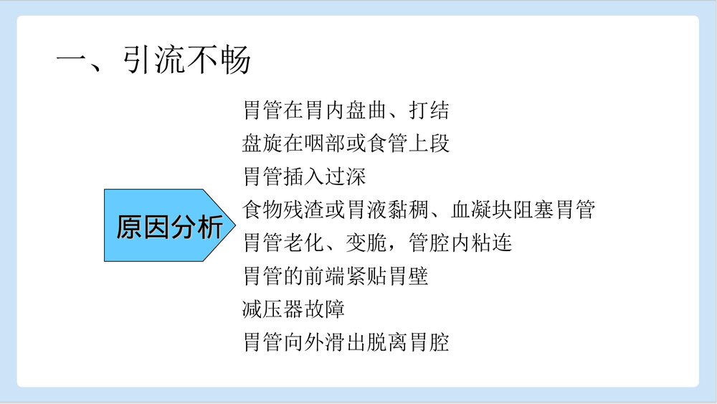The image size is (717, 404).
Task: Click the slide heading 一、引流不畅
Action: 153,60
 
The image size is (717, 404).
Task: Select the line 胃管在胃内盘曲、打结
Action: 346,111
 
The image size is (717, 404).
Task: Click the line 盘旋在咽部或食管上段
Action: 346,144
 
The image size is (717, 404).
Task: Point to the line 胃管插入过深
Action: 305,177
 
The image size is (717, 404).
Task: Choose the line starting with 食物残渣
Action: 419,210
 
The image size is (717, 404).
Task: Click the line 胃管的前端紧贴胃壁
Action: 336,276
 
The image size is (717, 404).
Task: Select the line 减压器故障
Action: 294,309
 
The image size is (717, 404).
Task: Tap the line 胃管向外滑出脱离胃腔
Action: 346,342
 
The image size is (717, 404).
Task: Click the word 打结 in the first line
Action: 429,111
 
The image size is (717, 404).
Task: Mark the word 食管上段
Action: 409,144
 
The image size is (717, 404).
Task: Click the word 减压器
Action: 273,309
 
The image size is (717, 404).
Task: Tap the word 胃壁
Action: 409,276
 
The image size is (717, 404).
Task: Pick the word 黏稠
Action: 409,210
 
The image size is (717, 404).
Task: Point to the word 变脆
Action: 368,243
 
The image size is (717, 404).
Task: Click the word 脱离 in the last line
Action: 388,342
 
